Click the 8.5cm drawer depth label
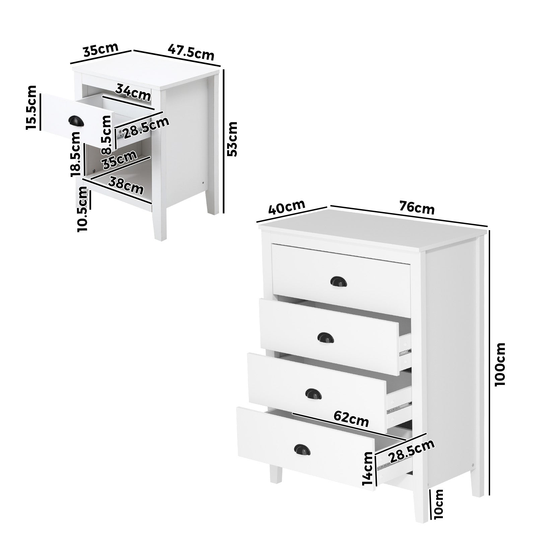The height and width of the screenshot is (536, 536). [106, 135]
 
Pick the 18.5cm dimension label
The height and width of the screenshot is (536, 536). [75, 154]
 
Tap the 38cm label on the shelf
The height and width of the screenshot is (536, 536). [126, 186]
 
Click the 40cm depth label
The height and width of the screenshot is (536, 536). [287, 208]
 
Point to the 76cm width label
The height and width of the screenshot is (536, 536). [417, 208]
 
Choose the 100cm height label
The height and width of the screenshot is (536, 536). [501, 364]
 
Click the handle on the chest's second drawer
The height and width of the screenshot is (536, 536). [324, 337]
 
